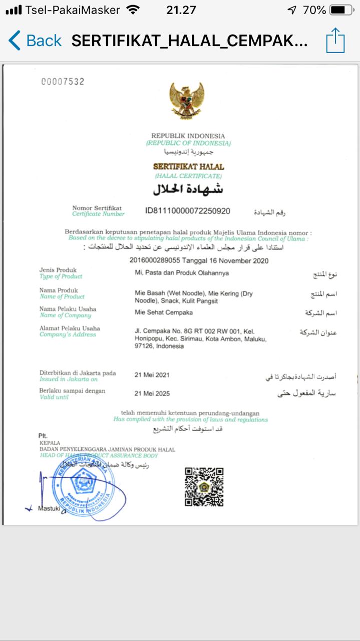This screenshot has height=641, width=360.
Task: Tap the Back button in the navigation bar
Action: click(35, 41)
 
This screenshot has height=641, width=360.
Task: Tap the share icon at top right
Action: click(335, 40)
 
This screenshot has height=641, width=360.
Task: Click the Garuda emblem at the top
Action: click(187, 100)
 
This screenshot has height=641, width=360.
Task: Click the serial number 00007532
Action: click(63, 82)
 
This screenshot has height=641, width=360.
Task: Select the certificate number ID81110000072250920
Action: click(188, 211)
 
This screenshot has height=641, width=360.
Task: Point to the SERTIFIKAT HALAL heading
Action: click(188, 167)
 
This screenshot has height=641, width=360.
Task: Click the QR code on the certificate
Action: click(204, 487)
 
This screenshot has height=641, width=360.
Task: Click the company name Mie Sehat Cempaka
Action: click(164, 312)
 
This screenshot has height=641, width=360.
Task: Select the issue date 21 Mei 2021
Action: click(152, 375)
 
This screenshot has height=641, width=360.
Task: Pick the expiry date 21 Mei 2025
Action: click(152, 393)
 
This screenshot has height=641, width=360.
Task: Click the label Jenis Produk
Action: click(58, 270)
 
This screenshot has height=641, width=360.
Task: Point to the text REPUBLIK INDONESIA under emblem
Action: click(188, 136)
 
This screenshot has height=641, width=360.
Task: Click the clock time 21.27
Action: click(181, 10)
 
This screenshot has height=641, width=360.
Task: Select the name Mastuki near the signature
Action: click(49, 509)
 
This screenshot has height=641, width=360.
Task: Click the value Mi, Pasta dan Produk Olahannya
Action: click(182, 273)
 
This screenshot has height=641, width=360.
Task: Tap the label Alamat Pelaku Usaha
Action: click(70, 329)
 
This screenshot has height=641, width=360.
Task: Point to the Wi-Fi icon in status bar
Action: click(133, 10)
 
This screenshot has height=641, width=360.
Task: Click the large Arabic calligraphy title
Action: click(188, 190)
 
